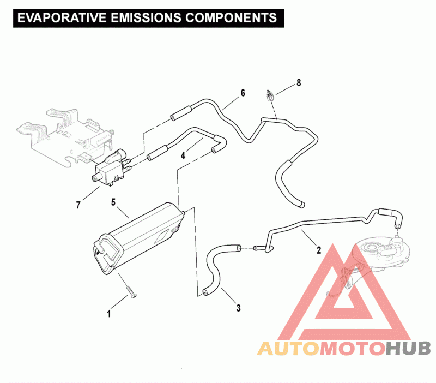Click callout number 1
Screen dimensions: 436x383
click(x=109, y=314)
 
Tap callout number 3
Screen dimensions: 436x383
click(x=238, y=308)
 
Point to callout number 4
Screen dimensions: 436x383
click(x=183, y=155)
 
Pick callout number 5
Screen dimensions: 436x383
click(x=113, y=202)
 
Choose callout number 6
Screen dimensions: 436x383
click(x=243, y=93)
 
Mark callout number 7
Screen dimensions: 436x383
click(x=78, y=205)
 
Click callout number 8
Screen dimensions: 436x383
click(x=298, y=83)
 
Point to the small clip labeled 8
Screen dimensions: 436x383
click(x=270, y=95)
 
